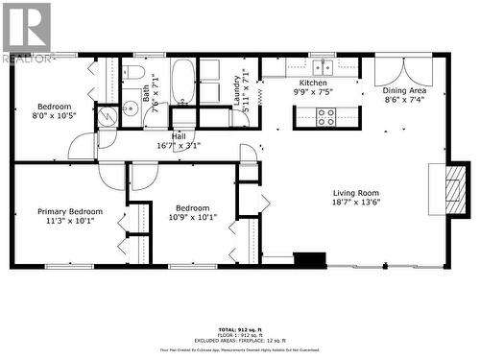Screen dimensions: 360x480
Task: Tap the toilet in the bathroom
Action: pyautogui.click(x=134, y=72)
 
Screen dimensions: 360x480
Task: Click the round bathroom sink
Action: pyautogui.click(x=130, y=108)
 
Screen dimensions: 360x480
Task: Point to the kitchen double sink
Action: pyautogui.click(x=322, y=66)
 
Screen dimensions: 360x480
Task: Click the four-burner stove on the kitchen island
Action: pyautogui.click(x=325, y=117)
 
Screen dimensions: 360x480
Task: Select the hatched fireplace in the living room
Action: pyautogui.click(x=454, y=188)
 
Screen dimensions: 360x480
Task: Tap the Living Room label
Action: pyautogui.click(x=356, y=192)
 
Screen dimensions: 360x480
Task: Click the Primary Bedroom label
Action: pyautogui.click(x=70, y=211)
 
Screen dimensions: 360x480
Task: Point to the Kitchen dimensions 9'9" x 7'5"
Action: pyautogui.click(x=314, y=93)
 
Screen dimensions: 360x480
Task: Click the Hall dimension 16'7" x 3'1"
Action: pyautogui.click(x=179, y=146)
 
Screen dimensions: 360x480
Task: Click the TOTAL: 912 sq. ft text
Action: pyautogui.click(x=240, y=329)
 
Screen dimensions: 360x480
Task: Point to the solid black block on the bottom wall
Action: pyautogui.click(x=309, y=259)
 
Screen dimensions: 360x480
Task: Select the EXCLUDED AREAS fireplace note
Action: pyautogui.click(x=240, y=342)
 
